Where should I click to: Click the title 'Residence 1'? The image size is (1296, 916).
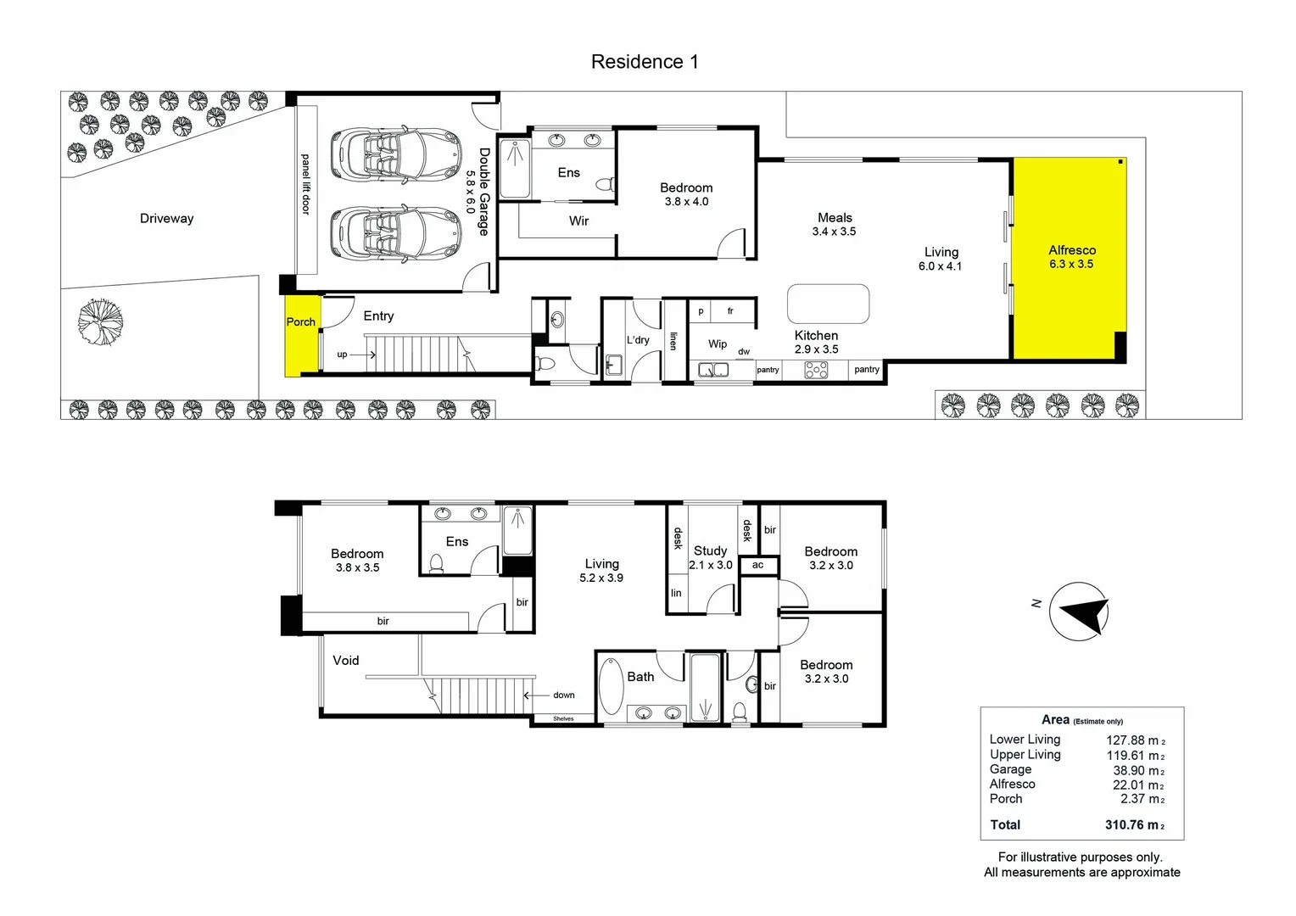645,62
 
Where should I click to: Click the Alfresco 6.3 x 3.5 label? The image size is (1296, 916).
1071,257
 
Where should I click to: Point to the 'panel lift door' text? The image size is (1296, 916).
306,184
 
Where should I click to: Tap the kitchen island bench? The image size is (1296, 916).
828,304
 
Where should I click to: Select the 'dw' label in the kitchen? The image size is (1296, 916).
744,351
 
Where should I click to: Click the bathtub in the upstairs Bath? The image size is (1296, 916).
611,686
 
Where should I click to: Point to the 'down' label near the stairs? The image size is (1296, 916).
564,695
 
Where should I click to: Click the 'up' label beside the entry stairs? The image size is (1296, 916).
342,355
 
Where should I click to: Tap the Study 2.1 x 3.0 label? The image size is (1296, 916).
710,557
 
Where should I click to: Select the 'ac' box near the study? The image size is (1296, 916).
757,565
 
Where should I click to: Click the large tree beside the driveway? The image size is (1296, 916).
100,322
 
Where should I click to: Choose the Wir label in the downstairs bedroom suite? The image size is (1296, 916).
578,221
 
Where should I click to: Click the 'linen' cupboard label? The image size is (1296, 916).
673,341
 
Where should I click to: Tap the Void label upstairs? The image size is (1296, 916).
345,660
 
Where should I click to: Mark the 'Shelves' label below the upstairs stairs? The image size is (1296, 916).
563,719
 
